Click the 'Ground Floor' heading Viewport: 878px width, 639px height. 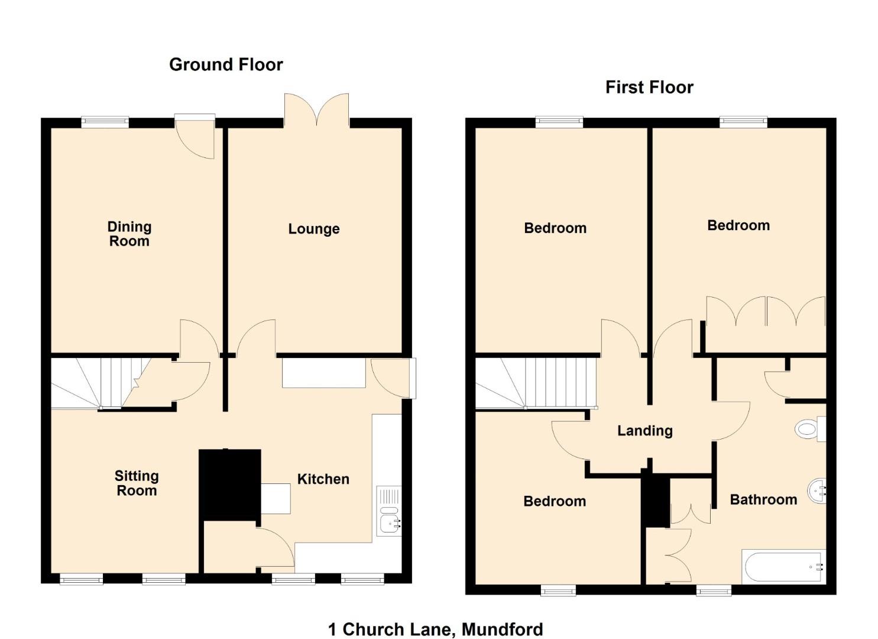tap(226, 64)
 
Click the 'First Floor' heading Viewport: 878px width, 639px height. tap(649, 87)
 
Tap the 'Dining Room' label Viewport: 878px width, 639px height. tap(129, 234)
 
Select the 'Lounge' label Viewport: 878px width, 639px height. tap(314, 229)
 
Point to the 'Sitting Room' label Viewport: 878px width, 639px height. tap(137, 483)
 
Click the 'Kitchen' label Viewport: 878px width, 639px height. tap(323, 479)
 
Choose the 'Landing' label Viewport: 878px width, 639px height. tap(645, 431)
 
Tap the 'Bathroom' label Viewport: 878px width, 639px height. tap(763, 499)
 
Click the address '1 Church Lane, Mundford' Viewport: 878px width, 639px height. tap(436, 629)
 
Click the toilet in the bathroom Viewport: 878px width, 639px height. tap(811, 429)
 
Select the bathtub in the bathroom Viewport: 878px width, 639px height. tap(784, 566)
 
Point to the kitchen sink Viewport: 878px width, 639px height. tap(389, 511)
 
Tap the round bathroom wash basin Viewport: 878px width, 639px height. tap(817, 491)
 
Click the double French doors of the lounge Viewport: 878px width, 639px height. tap(317, 110)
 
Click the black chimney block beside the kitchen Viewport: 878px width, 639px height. tap(229, 485)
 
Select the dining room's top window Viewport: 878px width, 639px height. tap(105, 122)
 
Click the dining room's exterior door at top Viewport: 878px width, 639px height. tap(195, 137)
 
